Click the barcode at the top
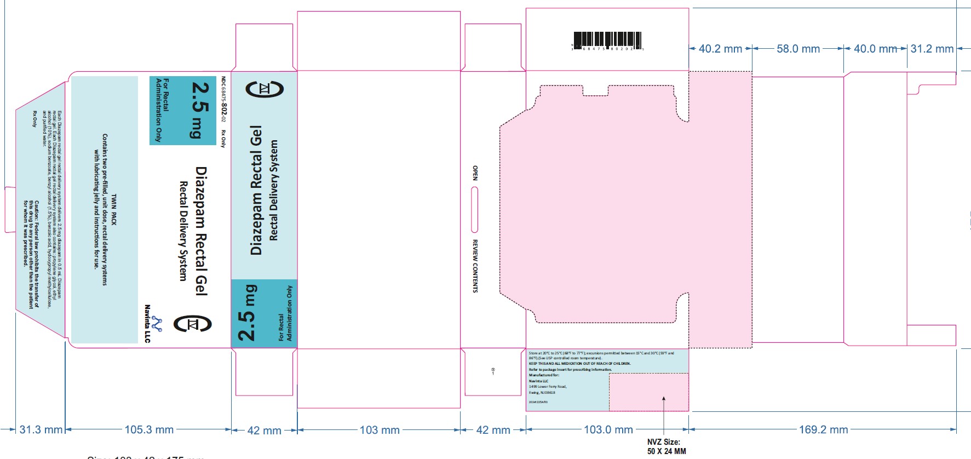tap(607, 41)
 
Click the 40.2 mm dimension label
tap(720, 49)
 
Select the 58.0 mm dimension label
tap(798, 49)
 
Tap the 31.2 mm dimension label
tap(932, 49)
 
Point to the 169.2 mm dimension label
tap(823, 430)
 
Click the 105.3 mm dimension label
tap(148, 429)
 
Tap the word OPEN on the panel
tap(475, 173)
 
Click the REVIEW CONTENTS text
tap(475, 266)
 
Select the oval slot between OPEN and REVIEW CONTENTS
tap(474, 210)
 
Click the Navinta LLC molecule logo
tap(157, 324)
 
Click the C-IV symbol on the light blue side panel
tap(265, 89)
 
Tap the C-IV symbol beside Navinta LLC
tap(192, 324)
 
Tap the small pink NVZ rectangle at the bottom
tap(648, 392)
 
